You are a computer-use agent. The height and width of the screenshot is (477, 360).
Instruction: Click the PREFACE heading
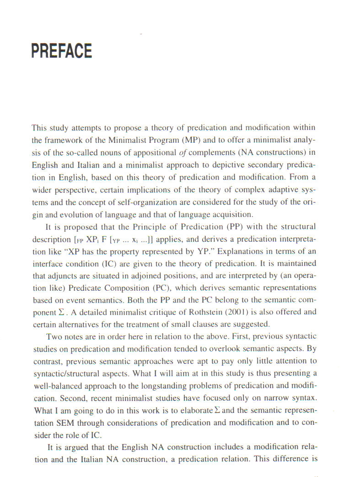pyautogui.click(x=62, y=51)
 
